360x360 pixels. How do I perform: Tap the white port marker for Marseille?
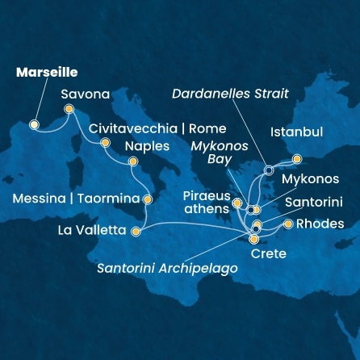34,125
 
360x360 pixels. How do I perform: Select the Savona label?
86,94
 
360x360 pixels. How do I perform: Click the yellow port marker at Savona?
69,109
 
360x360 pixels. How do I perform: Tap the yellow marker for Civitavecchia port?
104,143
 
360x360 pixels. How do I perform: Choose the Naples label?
148,147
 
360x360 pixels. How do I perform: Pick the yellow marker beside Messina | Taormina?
147,199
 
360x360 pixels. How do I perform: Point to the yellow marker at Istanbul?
297,159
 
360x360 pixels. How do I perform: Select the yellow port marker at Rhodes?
288,224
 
